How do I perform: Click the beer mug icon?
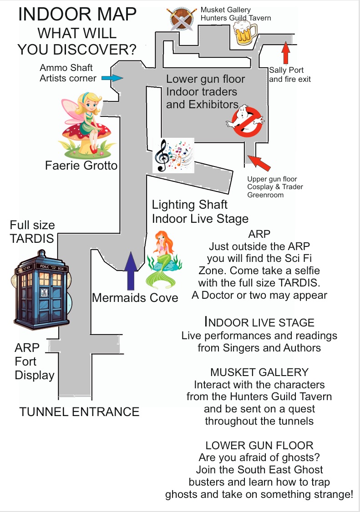point(245,34)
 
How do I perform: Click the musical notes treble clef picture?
point(173,155)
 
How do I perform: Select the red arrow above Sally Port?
point(285,53)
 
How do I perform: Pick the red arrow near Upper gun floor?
point(258,163)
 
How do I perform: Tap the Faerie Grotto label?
point(81,166)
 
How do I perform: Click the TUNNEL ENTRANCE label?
point(79,412)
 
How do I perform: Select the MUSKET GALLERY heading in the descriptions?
point(259,372)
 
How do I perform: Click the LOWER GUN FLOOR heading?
point(259,445)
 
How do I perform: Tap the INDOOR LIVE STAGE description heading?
point(259,323)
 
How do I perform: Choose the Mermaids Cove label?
point(135,298)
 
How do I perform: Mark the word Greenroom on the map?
point(266,195)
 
